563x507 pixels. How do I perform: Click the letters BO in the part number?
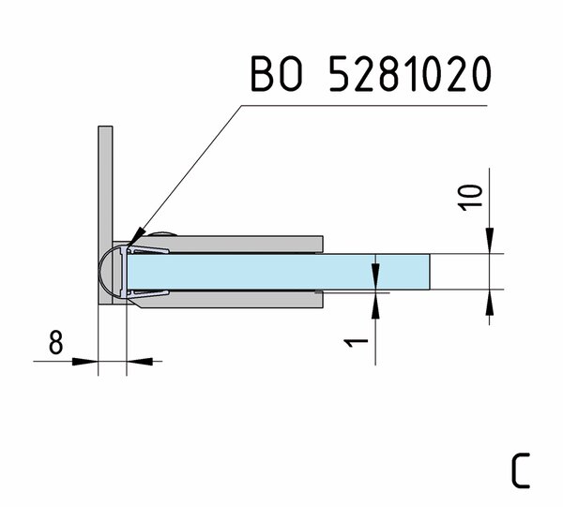[276, 73]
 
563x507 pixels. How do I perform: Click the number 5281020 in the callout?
[410, 73]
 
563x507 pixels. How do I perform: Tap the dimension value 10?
[471, 197]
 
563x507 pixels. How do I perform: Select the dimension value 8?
[55, 342]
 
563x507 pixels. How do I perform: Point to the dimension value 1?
[357, 343]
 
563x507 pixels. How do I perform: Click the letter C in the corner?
[521, 470]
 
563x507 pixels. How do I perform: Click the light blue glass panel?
[279, 272]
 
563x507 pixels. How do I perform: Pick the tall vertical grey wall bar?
[105, 216]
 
